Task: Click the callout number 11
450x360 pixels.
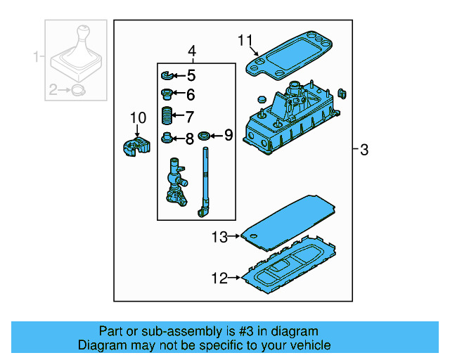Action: click(244, 40)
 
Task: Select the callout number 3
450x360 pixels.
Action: click(364, 150)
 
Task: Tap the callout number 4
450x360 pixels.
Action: click(191, 51)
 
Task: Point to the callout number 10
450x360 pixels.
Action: click(137, 117)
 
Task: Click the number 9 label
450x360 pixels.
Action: click(228, 134)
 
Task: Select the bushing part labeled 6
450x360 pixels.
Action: click(167, 94)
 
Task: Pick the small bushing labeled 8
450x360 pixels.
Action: click(167, 137)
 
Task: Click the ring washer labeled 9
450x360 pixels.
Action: click(205, 135)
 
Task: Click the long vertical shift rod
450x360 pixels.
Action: click(205, 179)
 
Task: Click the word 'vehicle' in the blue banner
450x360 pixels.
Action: click(307, 345)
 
